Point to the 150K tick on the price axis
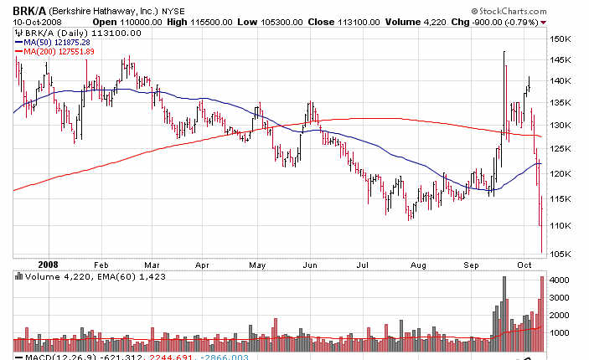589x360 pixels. tap(561, 39)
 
